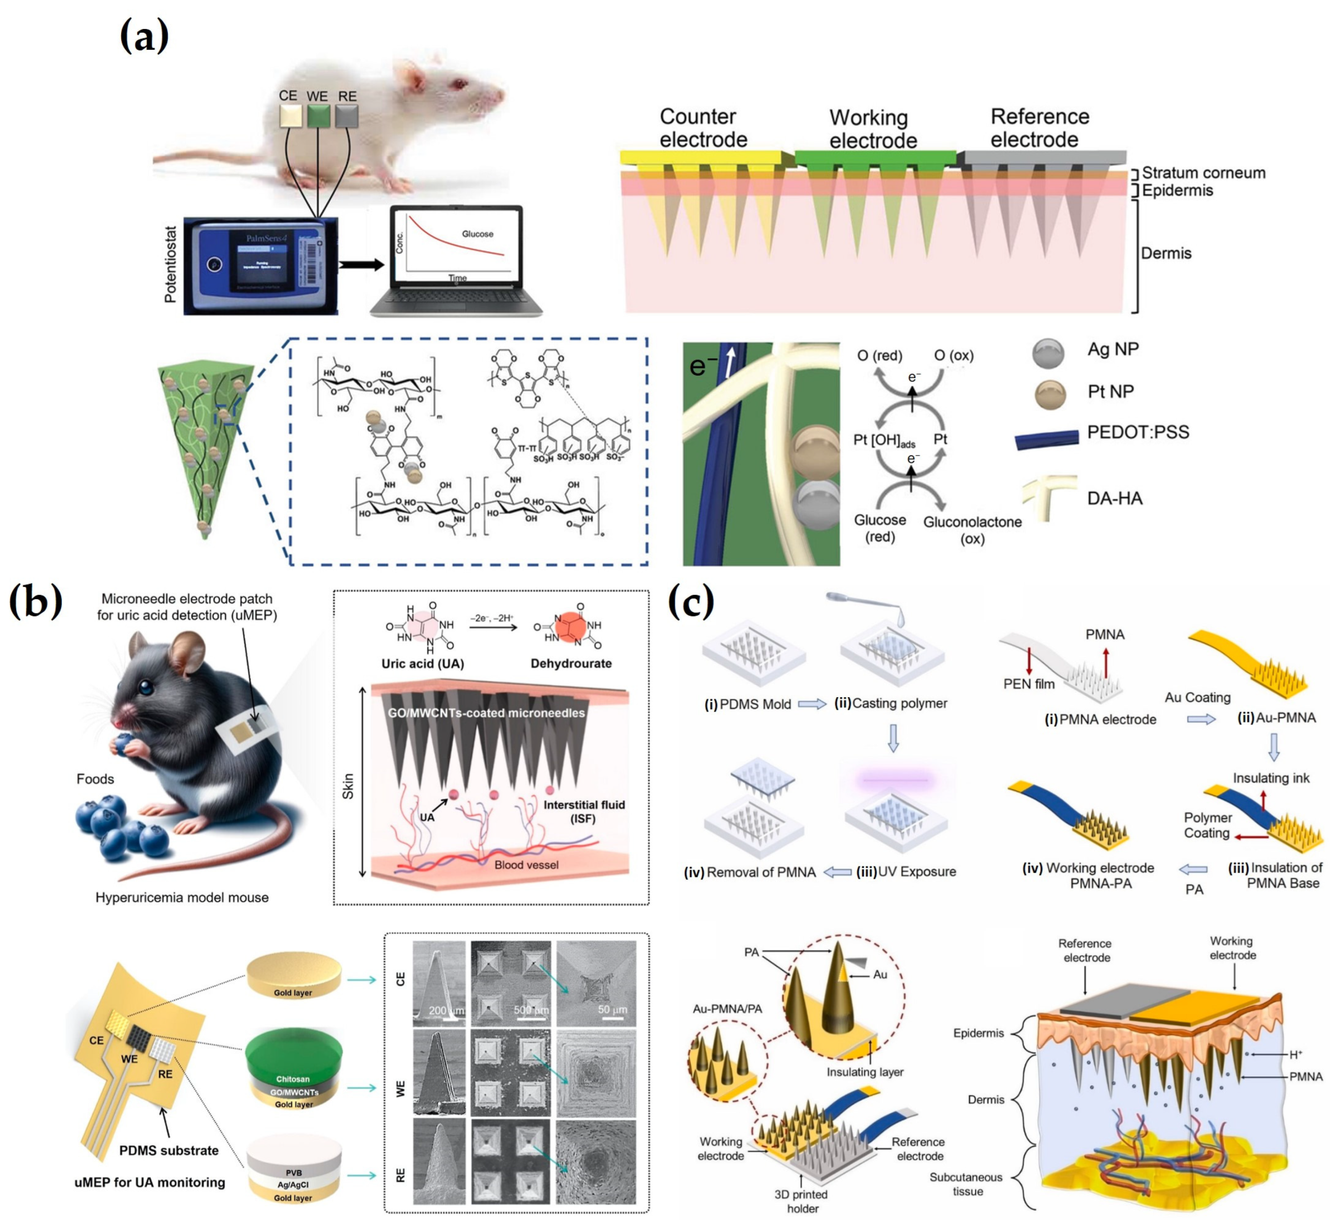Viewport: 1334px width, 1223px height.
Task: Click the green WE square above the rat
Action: click(318, 117)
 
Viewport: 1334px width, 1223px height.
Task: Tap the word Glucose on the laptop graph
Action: click(477, 233)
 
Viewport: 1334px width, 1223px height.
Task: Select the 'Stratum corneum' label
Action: click(1203, 173)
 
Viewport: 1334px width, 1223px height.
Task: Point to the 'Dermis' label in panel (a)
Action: click(1165, 253)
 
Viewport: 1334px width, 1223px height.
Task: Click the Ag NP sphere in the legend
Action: click(1048, 353)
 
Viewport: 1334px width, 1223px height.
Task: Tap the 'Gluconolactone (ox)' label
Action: click(972, 529)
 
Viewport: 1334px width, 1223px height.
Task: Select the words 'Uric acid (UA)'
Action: click(423, 663)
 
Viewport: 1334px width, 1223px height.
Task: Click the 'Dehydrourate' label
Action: click(571, 663)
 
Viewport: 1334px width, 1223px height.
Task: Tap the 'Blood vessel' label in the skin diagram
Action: click(526, 864)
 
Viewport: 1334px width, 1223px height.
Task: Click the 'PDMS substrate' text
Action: click(169, 1150)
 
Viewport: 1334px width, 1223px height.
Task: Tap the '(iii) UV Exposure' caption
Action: click(906, 872)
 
